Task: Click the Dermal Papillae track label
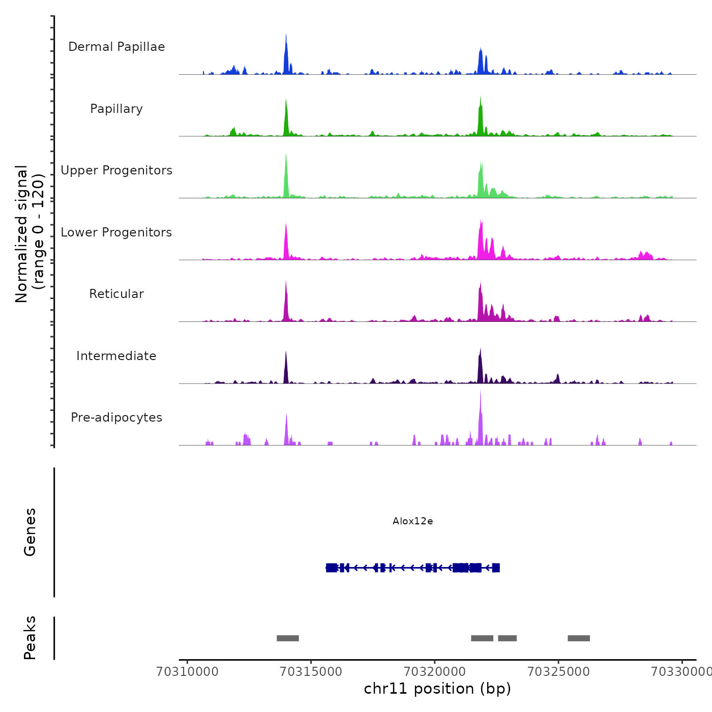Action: coord(116,47)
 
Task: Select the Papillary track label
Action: coord(116,109)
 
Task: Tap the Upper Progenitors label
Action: coord(116,170)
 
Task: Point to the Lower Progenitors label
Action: coord(116,232)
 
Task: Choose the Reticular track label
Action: coord(116,294)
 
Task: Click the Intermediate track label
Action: coord(116,356)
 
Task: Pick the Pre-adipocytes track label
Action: coord(116,418)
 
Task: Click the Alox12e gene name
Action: coord(412,521)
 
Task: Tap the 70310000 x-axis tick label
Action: coord(188,672)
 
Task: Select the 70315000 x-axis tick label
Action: coord(311,672)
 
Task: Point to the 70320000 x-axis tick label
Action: coord(435,672)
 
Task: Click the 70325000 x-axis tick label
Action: coord(558,672)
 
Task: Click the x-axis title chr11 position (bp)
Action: coord(437,689)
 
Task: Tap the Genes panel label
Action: coord(30,532)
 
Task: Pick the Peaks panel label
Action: coord(30,638)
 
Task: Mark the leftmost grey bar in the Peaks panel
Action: coord(288,638)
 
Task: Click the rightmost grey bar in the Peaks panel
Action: coord(579,638)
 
